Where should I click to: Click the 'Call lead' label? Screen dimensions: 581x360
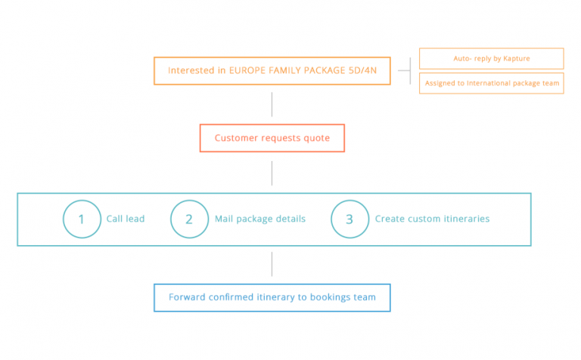coord(126,219)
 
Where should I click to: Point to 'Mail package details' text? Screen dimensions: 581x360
coord(260,219)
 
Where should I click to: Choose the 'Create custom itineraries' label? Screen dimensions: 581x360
coord(432,219)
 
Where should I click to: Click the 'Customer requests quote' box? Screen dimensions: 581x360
coord(272,125)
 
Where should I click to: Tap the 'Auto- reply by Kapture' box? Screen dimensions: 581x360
coord(491,48)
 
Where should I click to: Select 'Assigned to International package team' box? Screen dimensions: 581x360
coord(491,73)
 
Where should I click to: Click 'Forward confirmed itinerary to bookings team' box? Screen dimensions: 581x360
coord(272,284)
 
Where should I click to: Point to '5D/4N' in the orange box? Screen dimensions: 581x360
coord(363,70)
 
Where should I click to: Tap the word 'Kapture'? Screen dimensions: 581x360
coord(517,58)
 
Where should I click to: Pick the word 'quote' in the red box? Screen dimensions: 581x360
coord(317,138)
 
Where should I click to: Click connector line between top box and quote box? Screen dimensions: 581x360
coord(272,104)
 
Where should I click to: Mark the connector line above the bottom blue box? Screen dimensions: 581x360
coord(272,264)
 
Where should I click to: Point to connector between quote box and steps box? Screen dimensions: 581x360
coord(272,173)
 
